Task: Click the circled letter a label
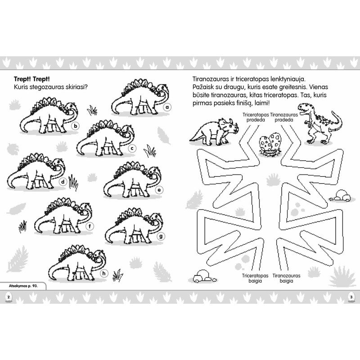pos(167,107)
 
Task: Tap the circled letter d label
pos(63,182)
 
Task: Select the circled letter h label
pos(104,274)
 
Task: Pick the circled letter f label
pos(90,227)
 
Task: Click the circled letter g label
pos(161,236)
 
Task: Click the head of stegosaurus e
pos(154,172)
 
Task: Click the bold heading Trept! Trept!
pos(31,79)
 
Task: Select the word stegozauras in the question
pos(46,87)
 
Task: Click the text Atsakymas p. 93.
pos(23,286)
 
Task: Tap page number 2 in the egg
pos(9,297)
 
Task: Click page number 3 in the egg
pos(351,297)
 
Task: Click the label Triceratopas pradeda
pos(256,117)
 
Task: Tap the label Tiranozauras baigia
pos(286,278)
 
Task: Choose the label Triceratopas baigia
pos(255,278)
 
